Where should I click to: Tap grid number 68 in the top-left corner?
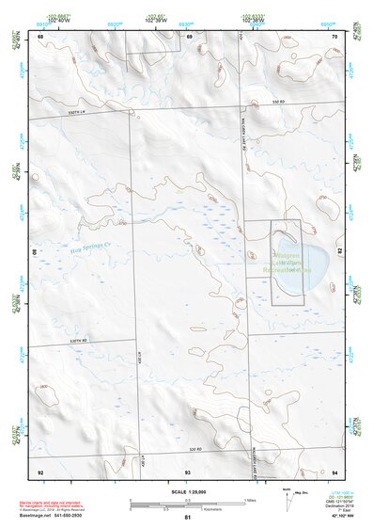tap(40, 36)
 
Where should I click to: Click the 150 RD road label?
tap(277, 101)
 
